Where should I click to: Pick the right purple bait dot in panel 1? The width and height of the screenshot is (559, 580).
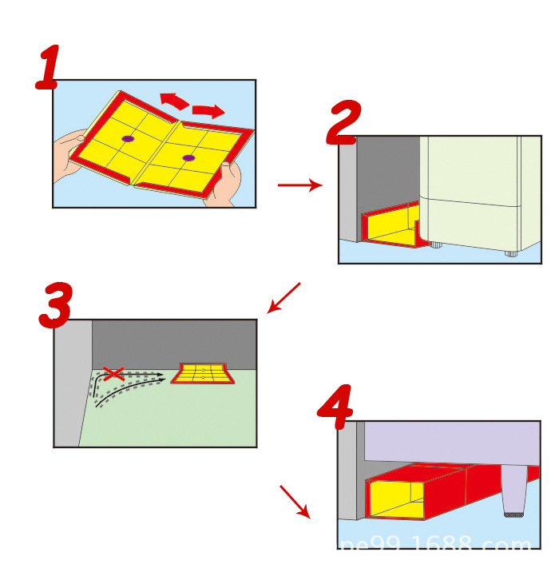pyautogui.click(x=188, y=158)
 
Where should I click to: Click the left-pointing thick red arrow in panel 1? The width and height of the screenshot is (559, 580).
pyautogui.click(x=173, y=100)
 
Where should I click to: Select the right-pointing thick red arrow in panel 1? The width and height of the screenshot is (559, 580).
pyautogui.click(x=208, y=110)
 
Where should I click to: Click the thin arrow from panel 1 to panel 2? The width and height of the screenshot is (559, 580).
pyautogui.click(x=299, y=185)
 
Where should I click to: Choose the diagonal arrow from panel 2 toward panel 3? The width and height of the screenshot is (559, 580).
pyautogui.click(x=283, y=297)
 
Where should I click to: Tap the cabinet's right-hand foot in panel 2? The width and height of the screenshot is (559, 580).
pyautogui.click(x=510, y=252)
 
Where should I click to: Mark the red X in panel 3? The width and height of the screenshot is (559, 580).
pyautogui.click(x=114, y=373)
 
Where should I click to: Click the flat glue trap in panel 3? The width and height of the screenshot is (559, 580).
pyautogui.click(x=203, y=373)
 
